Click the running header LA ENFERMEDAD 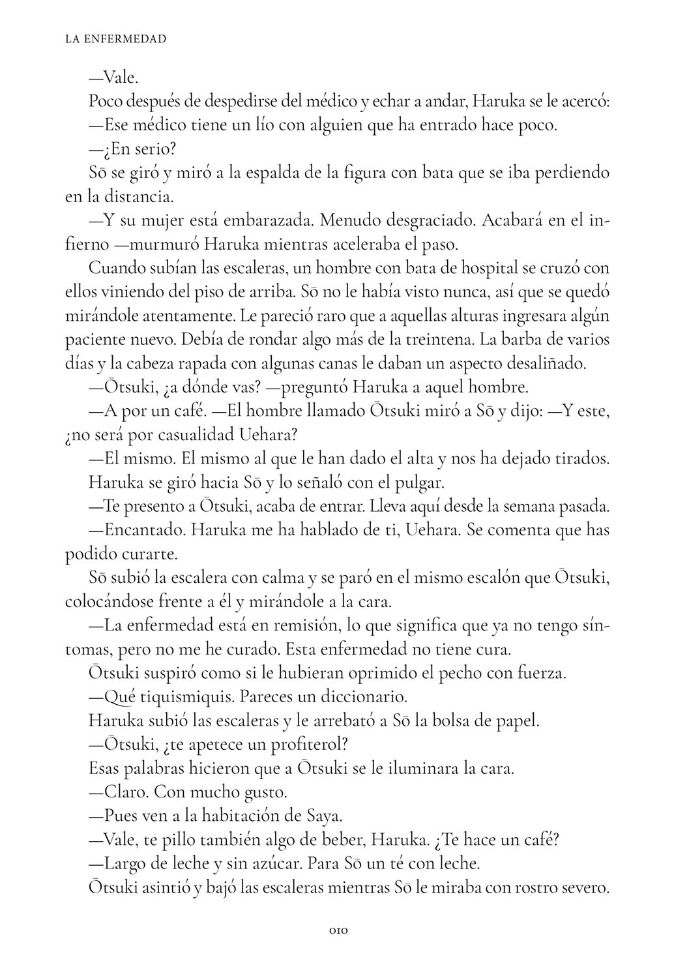tap(116, 39)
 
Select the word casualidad tap(168, 435)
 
